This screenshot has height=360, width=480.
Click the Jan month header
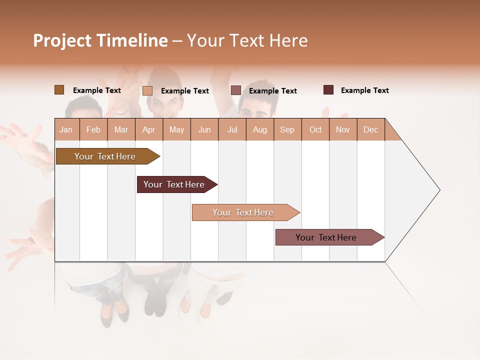(x=66, y=129)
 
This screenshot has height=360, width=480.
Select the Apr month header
(x=149, y=129)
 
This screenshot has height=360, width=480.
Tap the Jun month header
(x=204, y=129)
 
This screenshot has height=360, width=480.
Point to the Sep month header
(x=287, y=129)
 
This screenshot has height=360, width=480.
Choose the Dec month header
(x=370, y=129)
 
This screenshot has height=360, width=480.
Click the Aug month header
(x=259, y=129)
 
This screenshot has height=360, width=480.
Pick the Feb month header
(x=93, y=129)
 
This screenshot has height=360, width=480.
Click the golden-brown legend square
(x=59, y=90)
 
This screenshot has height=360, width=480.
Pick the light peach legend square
(x=147, y=90)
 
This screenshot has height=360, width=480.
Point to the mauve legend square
(x=236, y=90)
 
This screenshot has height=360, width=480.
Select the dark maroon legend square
(x=328, y=90)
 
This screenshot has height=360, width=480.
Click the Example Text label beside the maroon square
(x=364, y=90)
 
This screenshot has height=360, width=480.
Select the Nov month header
(x=342, y=129)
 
